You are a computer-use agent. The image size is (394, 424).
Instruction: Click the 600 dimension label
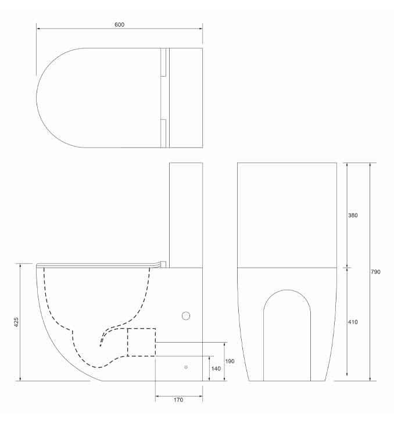[119, 24]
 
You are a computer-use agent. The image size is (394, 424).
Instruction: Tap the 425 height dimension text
[16, 322]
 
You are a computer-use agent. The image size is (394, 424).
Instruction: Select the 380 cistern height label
[353, 215]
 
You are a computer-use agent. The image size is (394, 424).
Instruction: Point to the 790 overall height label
[375, 272]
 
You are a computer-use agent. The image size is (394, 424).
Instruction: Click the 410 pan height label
[353, 322]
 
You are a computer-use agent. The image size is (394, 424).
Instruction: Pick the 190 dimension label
[230, 361]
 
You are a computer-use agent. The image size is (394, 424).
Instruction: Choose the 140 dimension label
[216, 368]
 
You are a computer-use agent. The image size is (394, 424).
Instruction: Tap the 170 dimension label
[178, 400]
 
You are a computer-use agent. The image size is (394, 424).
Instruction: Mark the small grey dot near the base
[186, 367]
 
